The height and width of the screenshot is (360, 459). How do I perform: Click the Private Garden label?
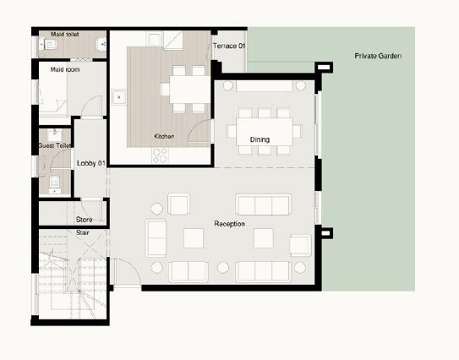pos(378,56)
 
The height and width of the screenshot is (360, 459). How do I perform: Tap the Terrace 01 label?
pos(229,46)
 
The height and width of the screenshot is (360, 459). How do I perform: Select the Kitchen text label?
pos(164,136)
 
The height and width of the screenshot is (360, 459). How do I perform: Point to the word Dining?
pos(260,139)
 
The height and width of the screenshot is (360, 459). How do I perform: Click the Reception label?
pos(230,224)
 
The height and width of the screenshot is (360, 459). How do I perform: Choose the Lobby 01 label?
pos(91,163)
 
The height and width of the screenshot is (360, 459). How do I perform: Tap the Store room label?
pos(84,220)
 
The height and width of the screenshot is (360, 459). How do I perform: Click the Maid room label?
pos(65,69)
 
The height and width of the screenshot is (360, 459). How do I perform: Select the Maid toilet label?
pos(65,35)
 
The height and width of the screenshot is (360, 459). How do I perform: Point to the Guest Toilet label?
pos(55,145)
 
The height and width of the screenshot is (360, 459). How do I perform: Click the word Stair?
pos(83,232)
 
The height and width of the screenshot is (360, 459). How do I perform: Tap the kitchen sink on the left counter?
pos(119,97)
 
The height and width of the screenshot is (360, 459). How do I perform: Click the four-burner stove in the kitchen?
pos(160,155)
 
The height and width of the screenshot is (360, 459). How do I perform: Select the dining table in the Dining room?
pos(265,132)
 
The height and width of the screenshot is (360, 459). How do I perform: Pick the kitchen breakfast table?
pos(189,90)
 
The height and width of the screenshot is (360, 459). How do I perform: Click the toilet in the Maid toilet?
pos(47,45)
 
